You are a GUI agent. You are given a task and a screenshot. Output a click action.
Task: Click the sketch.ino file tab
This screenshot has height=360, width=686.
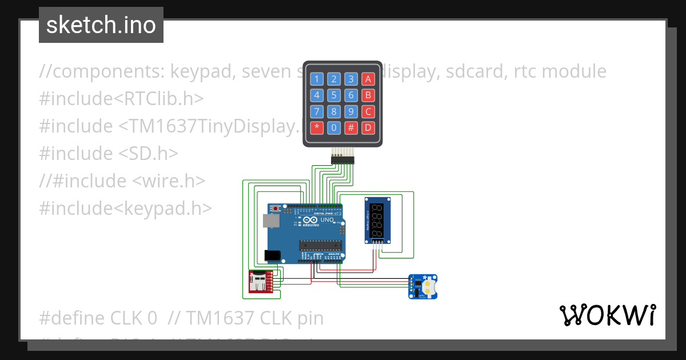point(101,25)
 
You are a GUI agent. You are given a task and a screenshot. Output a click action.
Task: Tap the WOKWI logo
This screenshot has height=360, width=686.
point(607,315)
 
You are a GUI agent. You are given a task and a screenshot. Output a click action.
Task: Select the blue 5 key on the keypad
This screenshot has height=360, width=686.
point(334,95)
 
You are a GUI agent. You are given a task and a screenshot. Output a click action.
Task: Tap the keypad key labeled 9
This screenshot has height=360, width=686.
point(352,111)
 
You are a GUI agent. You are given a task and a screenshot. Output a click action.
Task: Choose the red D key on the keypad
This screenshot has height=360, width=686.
point(369,127)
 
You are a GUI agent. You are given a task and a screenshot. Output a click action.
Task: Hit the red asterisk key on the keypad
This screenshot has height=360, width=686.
point(317,127)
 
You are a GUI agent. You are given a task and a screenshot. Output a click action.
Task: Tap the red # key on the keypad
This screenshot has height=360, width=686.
point(352,127)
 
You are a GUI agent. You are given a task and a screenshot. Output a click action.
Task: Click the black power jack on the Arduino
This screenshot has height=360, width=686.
point(273,257)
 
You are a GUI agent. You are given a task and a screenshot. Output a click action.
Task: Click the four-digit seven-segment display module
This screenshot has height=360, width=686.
point(377,220)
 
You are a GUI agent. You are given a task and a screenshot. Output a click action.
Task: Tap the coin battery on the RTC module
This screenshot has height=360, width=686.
point(429,286)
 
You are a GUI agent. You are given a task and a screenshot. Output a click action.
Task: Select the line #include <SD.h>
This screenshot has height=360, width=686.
point(109,154)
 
